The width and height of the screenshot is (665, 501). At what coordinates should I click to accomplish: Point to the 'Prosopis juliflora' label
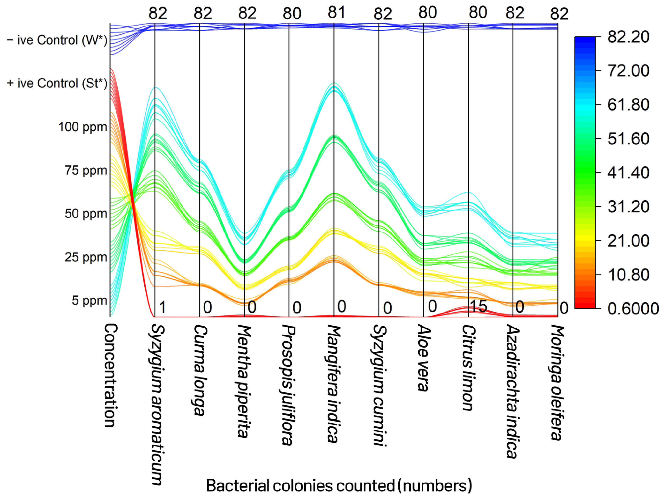coord(289,385)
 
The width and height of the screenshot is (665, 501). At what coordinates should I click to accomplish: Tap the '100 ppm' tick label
coord(83,127)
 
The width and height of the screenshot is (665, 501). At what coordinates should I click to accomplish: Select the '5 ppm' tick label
coord(89,300)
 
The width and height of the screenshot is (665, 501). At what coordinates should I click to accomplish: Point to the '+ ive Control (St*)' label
coord(57,84)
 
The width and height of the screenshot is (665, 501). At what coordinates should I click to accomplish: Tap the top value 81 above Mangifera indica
coord(336,13)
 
